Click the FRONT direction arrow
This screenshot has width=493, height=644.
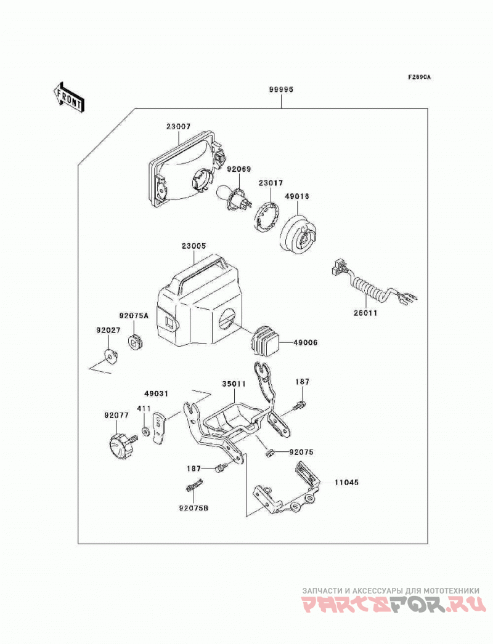pos(68,97)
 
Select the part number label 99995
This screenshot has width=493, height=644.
pos(281,89)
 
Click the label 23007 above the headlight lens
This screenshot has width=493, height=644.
pos(179,126)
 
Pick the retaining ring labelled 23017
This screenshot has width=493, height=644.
pos(267,216)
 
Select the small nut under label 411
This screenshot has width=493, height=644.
pos(145,432)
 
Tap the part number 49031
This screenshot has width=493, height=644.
pos(157,393)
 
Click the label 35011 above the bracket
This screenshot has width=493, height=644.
pos(234,384)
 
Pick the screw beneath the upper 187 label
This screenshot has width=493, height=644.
pos(299,405)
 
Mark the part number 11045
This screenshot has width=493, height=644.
pos(346,482)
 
